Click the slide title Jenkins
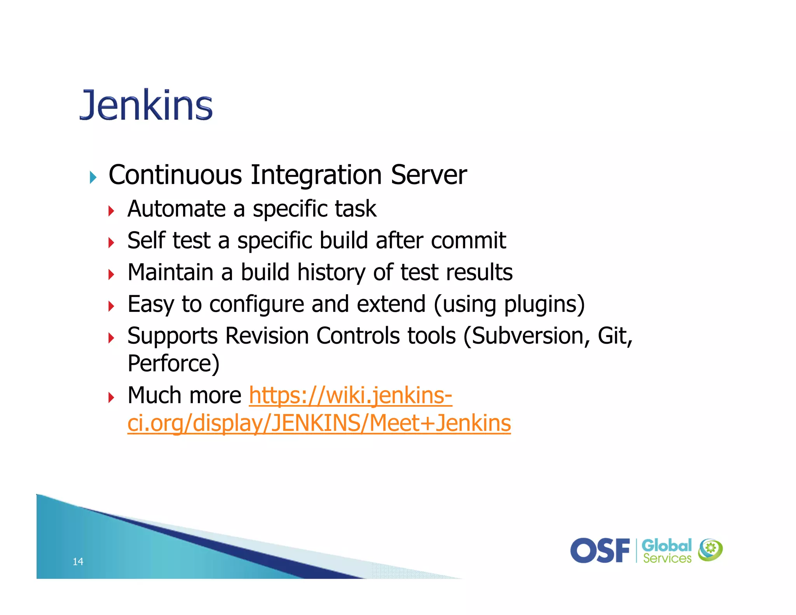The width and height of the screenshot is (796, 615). (146, 105)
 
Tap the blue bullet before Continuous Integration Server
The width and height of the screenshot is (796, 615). (93, 177)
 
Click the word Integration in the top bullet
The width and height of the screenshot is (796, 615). (316, 175)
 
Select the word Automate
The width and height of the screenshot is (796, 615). (176, 209)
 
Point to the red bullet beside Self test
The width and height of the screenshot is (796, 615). (111, 243)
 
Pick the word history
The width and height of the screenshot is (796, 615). (331, 272)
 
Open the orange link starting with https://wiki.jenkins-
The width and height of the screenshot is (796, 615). (350, 395)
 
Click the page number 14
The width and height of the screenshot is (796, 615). (78, 561)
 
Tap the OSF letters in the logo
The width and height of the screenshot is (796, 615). (600, 550)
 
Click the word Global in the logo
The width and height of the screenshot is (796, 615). (666, 545)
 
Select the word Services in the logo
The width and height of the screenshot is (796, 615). (667, 559)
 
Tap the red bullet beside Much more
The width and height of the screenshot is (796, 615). (111, 398)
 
